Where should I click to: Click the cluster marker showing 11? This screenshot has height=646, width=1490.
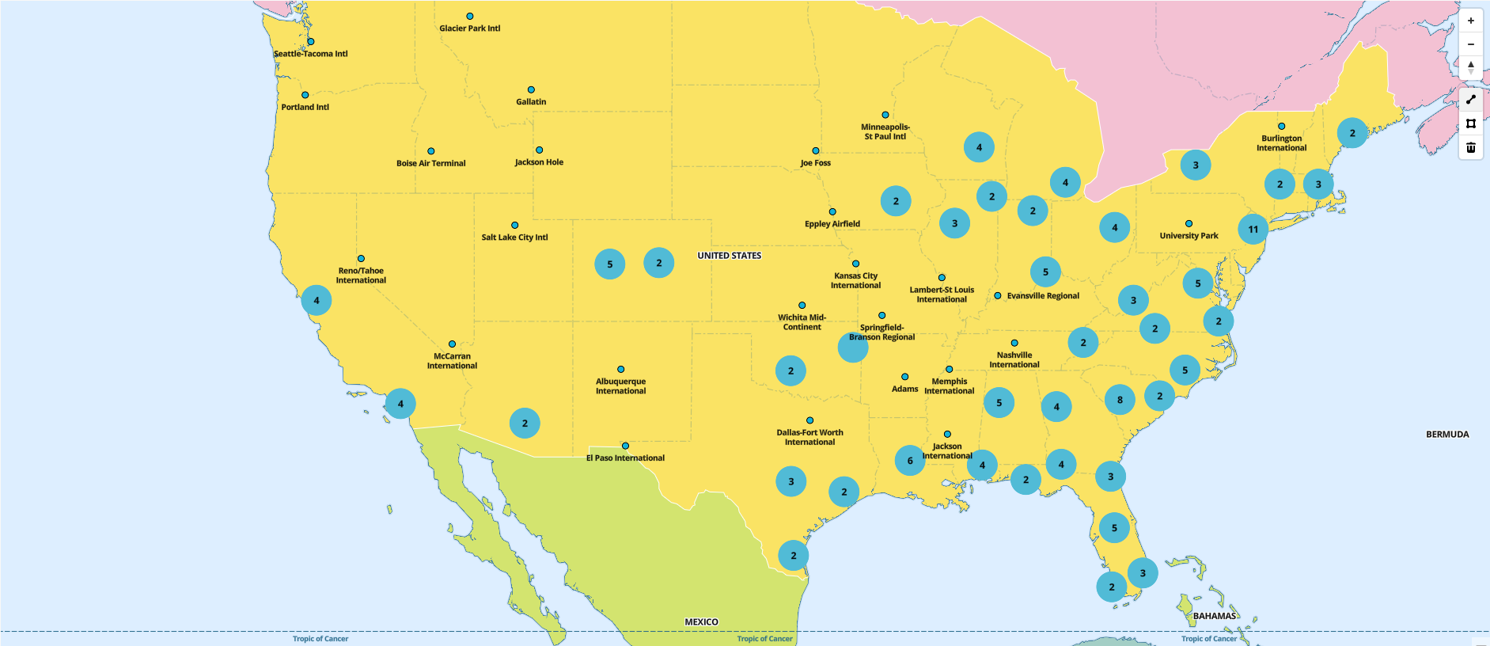pyautogui.click(x=1253, y=230)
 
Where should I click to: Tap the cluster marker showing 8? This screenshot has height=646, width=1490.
pyautogui.click(x=1120, y=400)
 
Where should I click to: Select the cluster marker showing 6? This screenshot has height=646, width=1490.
pyautogui.click(x=910, y=460)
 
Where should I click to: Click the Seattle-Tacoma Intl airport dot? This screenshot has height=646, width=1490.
pyautogui.click(x=311, y=42)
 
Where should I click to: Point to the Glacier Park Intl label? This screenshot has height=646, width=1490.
pyautogui.click(x=470, y=28)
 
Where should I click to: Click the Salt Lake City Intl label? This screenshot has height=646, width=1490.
pyautogui.click(x=514, y=237)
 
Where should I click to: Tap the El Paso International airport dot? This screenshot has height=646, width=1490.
pyautogui.click(x=625, y=446)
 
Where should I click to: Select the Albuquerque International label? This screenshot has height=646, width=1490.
pyautogui.click(x=620, y=386)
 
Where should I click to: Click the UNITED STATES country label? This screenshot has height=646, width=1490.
pyautogui.click(x=729, y=256)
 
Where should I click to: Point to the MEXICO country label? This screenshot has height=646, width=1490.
pyautogui.click(x=701, y=622)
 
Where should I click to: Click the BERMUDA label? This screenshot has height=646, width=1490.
pyautogui.click(x=1447, y=435)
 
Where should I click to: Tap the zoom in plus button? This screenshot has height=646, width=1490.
pyautogui.click(x=1471, y=21)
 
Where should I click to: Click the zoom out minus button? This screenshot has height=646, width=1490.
pyautogui.click(x=1471, y=44)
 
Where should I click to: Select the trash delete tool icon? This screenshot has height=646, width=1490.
pyautogui.click(x=1471, y=147)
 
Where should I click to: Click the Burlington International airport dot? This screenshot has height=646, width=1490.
pyautogui.click(x=1282, y=127)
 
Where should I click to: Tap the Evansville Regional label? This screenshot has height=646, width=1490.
pyautogui.click(x=1043, y=296)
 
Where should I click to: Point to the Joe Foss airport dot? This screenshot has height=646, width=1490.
pyautogui.click(x=816, y=151)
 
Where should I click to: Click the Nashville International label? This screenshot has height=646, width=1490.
pyautogui.click(x=1014, y=360)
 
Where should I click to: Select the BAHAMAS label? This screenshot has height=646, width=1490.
pyautogui.click(x=1215, y=616)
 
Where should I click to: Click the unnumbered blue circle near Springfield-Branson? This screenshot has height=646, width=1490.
pyautogui.click(x=853, y=348)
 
